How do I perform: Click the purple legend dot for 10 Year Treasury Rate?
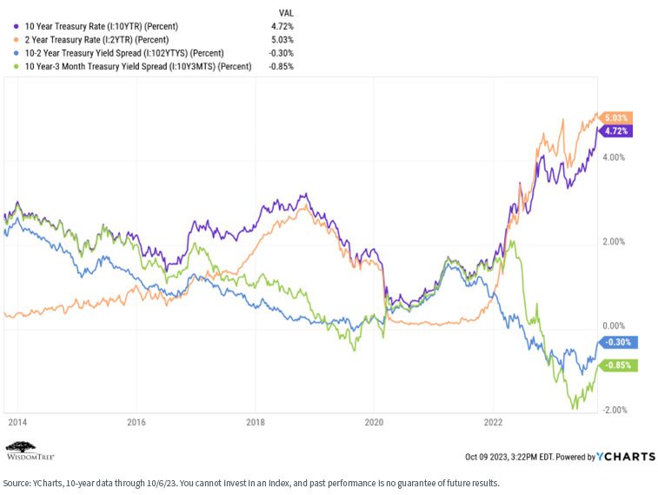(x=17, y=26)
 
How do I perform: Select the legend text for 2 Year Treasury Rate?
(x=96, y=40)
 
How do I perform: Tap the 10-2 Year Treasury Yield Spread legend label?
(x=124, y=53)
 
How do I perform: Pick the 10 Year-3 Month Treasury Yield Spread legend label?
(x=138, y=66)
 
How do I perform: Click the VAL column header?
(x=286, y=13)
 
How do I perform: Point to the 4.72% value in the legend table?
(x=282, y=26)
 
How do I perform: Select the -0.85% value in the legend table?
(x=281, y=66)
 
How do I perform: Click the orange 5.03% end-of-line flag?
(x=615, y=118)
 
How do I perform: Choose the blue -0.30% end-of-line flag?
(x=618, y=342)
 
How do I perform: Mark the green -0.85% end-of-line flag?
(x=618, y=365)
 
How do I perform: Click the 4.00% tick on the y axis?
(x=614, y=157)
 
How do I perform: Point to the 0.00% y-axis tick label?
(x=614, y=326)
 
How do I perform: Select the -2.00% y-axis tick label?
(x=615, y=410)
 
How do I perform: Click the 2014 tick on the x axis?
(x=17, y=422)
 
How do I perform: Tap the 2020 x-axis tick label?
(x=374, y=422)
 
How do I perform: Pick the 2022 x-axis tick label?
(x=493, y=422)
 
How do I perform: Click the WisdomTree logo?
(x=30, y=451)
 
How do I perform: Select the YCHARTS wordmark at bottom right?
(x=626, y=457)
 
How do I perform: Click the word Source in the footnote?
(x=16, y=483)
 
